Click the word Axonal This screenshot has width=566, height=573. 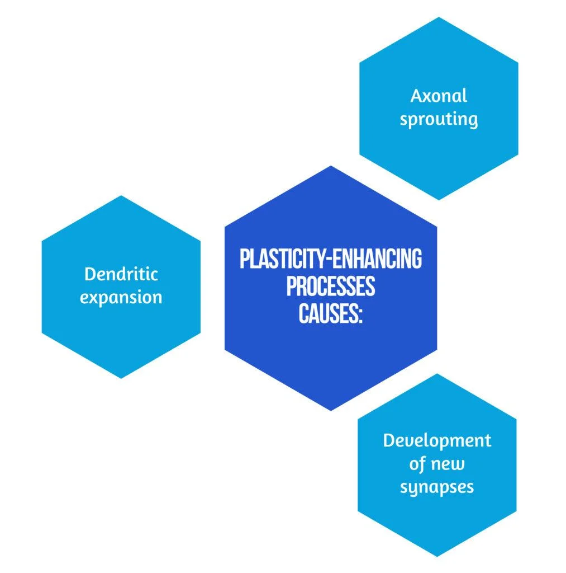point(438,96)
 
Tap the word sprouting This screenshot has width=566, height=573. point(438,119)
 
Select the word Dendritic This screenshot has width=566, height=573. point(121,274)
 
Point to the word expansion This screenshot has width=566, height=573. point(121,297)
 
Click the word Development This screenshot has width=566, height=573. point(437,440)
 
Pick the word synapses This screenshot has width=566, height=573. point(437,487)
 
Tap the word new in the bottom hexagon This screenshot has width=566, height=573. point(449,463)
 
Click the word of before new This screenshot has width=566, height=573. point(421,464)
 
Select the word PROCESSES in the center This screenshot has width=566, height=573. point(331,286)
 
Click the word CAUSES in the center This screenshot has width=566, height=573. point(326,313)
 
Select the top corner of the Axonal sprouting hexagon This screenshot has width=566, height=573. point(439,17)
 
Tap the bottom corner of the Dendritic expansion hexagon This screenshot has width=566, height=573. point(121,378)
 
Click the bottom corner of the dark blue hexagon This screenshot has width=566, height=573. point(331,410)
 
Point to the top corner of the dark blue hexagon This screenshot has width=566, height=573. point(331,166)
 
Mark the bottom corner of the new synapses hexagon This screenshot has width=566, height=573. point(437,557)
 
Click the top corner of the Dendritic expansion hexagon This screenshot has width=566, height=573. point(121,195)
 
